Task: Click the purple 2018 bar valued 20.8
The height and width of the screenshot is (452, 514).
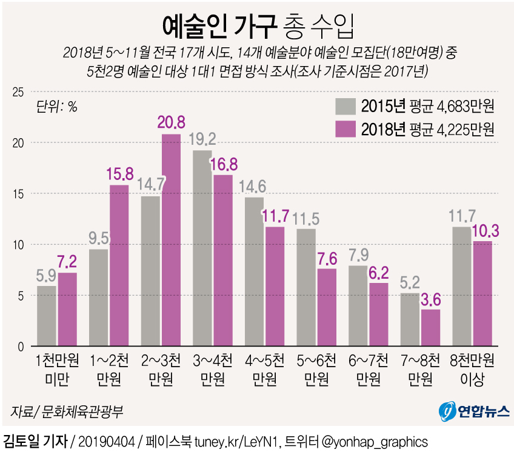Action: (171, 240)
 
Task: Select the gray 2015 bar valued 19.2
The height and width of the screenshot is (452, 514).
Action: (202, 248)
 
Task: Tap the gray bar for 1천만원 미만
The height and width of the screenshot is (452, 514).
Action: (47, 316)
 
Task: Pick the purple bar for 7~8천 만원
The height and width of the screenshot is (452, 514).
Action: (431, 328)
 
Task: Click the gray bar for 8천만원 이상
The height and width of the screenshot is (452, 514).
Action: (462, 287)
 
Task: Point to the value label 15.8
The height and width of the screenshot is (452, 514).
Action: (119, 174)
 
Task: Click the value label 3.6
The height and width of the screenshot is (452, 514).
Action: (432, 299)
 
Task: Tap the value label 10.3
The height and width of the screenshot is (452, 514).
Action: (483, 230)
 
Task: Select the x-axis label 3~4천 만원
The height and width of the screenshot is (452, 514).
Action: (212, 370)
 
